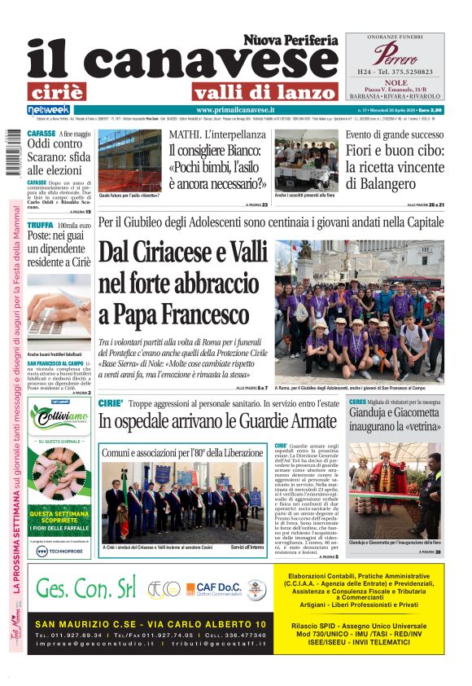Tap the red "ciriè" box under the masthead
[68, 91]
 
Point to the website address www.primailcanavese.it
[235, 109]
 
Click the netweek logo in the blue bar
[49, 109]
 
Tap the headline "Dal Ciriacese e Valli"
[183, 253]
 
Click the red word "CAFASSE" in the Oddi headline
[42, 133]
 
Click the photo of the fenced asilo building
[129, 160]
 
